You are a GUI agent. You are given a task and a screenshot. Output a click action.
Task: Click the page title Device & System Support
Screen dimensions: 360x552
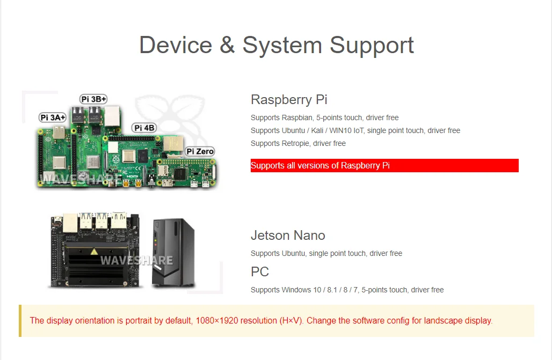pos(277,45)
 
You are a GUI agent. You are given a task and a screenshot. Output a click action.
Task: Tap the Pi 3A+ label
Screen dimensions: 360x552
pos(53,117)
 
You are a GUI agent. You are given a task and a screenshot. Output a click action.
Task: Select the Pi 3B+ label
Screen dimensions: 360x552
pos(93,99)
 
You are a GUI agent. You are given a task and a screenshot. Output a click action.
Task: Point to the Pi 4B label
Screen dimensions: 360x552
pos(144,128)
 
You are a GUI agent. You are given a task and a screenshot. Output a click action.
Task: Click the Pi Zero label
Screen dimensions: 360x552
pos(200,151)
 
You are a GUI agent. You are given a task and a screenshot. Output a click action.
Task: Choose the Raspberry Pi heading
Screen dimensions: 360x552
pos(289,100)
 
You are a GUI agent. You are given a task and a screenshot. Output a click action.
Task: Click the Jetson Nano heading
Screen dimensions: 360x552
pos(288,236)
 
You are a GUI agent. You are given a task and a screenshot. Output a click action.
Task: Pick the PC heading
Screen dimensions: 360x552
pos(260,272)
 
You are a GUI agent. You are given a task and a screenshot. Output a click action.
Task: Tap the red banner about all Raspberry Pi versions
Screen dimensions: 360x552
pos(384,166)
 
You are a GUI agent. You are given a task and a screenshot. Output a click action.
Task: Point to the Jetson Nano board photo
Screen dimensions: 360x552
pos(96,250)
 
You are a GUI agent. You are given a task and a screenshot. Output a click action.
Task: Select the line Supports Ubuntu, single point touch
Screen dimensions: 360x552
pos(326,254)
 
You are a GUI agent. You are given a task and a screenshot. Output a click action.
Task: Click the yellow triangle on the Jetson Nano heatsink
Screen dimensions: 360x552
pos(95,251)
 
